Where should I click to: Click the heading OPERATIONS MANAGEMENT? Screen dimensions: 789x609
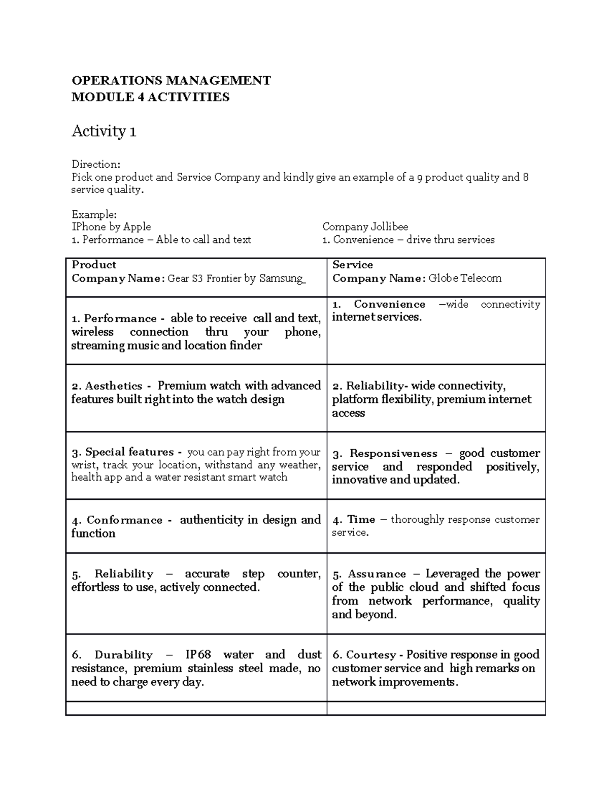click(x=171, y=81)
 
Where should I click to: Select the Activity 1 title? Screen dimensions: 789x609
click(x=104, y=132)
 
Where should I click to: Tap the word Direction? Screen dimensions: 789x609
click(x=96, y=164)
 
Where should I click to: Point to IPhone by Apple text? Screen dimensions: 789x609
click(x=111, y=227)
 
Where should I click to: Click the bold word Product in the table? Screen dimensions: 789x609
click(x=94, y=265)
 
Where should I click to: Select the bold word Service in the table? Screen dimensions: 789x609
click(x=352, y=265)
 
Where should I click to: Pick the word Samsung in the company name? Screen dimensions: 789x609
click(x=282, y=278)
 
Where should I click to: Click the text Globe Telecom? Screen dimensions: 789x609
click(x=465, y=278)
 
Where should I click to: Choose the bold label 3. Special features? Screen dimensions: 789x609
click(x=127, y=452)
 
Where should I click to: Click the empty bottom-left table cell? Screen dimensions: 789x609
click(x=196, y=708)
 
